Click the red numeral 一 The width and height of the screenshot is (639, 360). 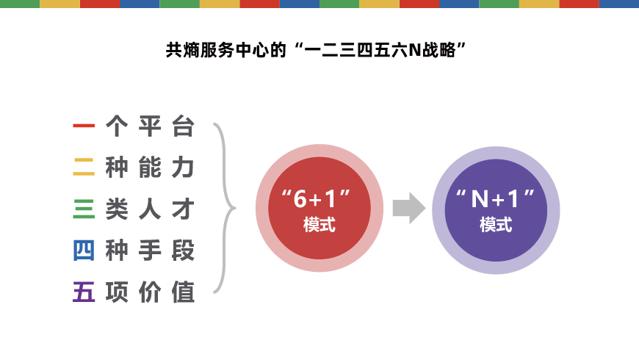point(84,126)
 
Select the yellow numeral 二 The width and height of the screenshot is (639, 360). point(84,168)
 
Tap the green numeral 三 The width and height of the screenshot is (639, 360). point(84,209)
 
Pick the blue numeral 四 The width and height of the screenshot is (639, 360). point(84,251)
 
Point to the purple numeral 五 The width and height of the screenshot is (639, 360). point(84,292)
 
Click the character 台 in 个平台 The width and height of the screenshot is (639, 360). point(183,126)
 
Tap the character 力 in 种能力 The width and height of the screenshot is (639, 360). point(183,168)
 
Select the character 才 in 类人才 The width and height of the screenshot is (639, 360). point(183,209)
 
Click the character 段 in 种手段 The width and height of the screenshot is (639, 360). point(183,251)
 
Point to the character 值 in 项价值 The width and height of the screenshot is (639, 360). point(183,292)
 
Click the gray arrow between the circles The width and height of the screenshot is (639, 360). point(409,209)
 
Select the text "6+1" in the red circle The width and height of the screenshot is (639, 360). point(317,199)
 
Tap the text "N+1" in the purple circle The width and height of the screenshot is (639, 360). point(495,199)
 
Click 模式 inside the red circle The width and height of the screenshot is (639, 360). point(319,225)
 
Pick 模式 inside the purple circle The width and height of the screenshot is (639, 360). point(496,225)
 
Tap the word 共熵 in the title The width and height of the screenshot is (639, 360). point(183,51)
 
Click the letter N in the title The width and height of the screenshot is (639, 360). point(414,51)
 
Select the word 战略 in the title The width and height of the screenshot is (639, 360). point(438,51)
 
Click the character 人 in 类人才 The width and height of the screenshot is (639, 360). point(150,209)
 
